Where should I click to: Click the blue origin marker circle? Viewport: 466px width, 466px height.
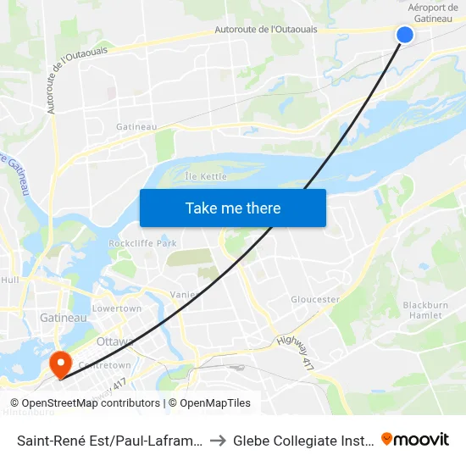[x=405, y=35]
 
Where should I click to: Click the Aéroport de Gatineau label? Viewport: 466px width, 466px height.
[x=432, y=13]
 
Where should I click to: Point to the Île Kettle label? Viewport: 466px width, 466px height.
[x=206, y=176]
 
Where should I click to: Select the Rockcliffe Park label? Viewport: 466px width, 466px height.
[x=142, y=243]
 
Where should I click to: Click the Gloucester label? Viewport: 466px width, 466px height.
[x=315, y=299]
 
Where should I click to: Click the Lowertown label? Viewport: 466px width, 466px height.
[x=117, y=308]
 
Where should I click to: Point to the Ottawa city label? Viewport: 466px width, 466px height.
[x=115, y=341]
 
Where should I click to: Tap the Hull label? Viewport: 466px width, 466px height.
[x=10, y=279]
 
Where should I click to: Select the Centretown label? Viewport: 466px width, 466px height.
[x=104, y=365]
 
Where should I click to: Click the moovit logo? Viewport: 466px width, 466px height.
[x=415, y=439]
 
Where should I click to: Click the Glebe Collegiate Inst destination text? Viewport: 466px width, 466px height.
[x=303, y=440]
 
